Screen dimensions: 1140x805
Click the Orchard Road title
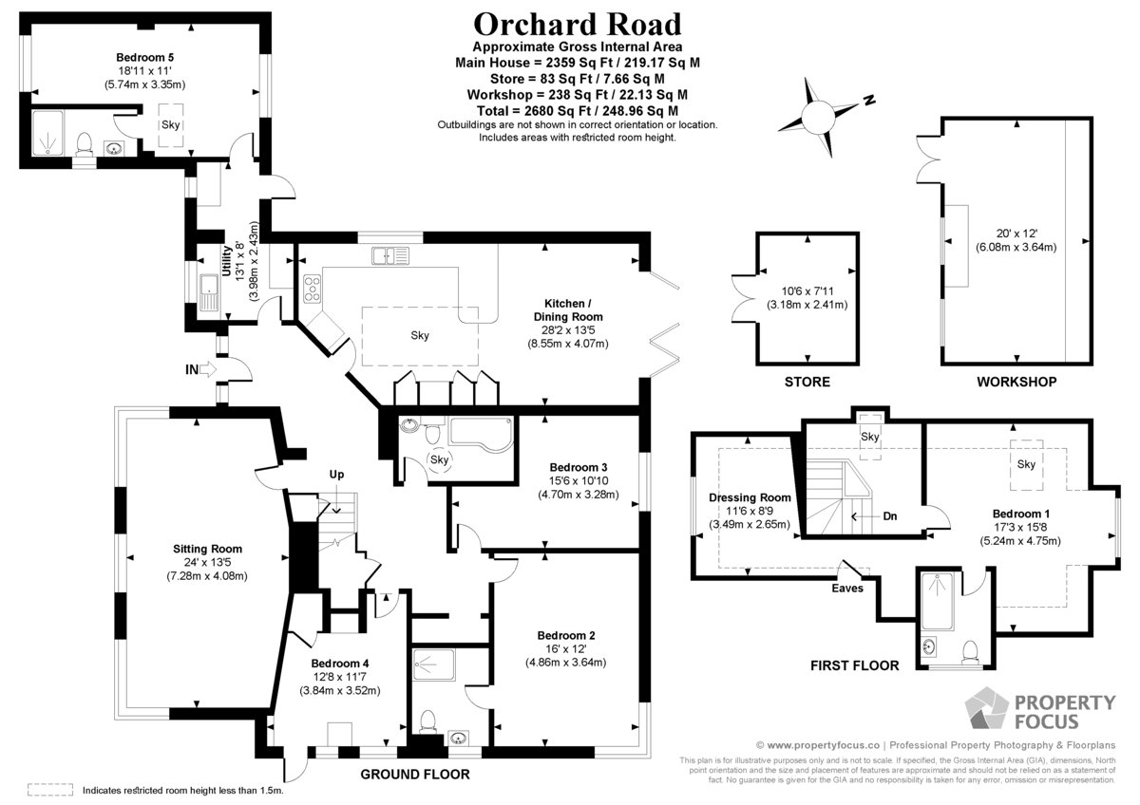578,24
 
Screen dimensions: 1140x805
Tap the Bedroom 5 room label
145,57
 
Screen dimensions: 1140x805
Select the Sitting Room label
207,549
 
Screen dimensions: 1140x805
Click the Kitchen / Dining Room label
568,309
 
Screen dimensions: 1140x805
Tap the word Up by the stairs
336,475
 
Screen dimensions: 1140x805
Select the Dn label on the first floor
889,516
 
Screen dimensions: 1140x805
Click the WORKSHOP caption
1016,382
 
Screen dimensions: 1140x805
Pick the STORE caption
807,382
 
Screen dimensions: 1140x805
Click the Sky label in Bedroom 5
170,125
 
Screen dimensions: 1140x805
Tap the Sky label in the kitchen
420,335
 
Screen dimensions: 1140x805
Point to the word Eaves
847,588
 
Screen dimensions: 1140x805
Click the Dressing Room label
750,497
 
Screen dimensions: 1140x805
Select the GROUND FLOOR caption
415,774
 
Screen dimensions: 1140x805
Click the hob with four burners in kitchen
312,289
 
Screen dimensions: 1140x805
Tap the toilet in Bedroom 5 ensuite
84,143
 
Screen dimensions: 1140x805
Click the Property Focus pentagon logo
986,707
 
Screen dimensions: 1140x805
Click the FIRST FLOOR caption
854,665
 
